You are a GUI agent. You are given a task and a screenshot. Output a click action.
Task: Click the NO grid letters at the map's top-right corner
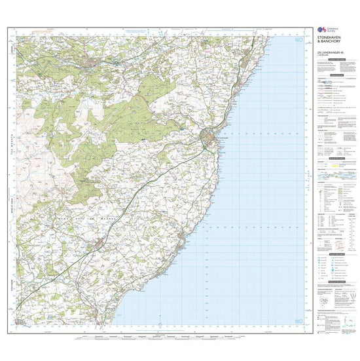click(x=299, y=41)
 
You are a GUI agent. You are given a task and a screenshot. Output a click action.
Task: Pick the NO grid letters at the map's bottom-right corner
click(x=299, y=320)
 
